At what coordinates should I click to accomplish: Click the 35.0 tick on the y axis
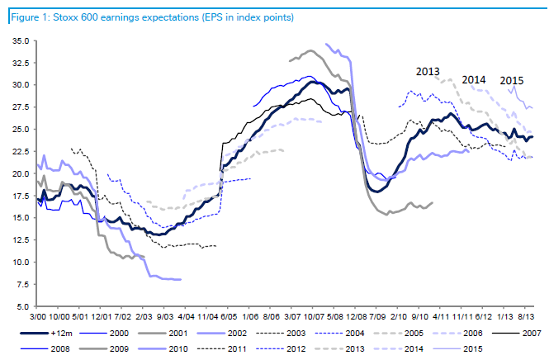(18, 40)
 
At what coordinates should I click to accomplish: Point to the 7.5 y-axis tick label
(20, 284)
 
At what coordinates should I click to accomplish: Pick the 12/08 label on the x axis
(358, 315)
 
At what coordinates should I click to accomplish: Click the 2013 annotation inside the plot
(428, 71)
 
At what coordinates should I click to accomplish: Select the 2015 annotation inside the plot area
(512, 79)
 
